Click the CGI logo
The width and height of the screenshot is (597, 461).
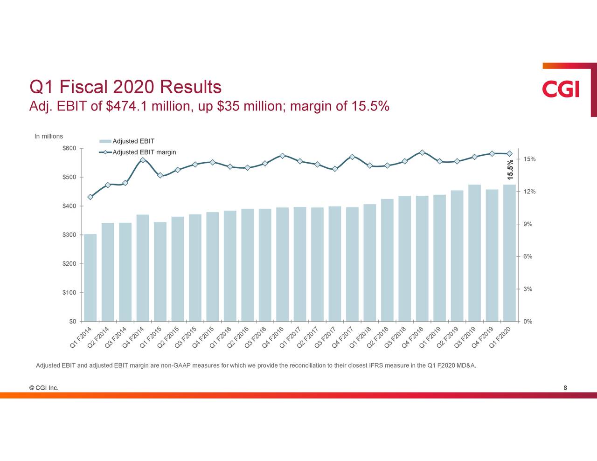click(x=561, y=89)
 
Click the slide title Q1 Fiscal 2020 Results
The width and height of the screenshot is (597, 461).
click(x=125, y=87)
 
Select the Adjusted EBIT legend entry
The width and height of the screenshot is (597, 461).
click(x=133, y=141)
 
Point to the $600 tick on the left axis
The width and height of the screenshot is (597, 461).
click(x=69, y=148)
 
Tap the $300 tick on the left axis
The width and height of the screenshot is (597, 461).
click(x=69, y=235)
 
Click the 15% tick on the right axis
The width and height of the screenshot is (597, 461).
click(x=529, y=159)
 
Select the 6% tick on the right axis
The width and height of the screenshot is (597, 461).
click(x=528, y=257)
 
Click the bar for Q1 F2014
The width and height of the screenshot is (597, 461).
click(x=90, y=277)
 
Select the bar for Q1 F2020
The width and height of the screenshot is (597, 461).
click(x=509, y=253)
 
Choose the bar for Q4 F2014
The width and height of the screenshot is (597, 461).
click(x=143, y=268)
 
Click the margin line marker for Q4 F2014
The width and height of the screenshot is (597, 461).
click(x=143, y=160)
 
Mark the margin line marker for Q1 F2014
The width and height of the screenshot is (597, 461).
click(x=90, y=197)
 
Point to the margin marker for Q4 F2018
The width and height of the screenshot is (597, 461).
click(x=422, y=152)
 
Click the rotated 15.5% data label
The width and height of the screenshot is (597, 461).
click(x=511, y=169)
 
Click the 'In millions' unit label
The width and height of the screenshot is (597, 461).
click(x=49, y=136)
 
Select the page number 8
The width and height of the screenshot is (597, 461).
click(x=565, y=388)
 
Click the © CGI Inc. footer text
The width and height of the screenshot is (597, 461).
click(x=43, y=388)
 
